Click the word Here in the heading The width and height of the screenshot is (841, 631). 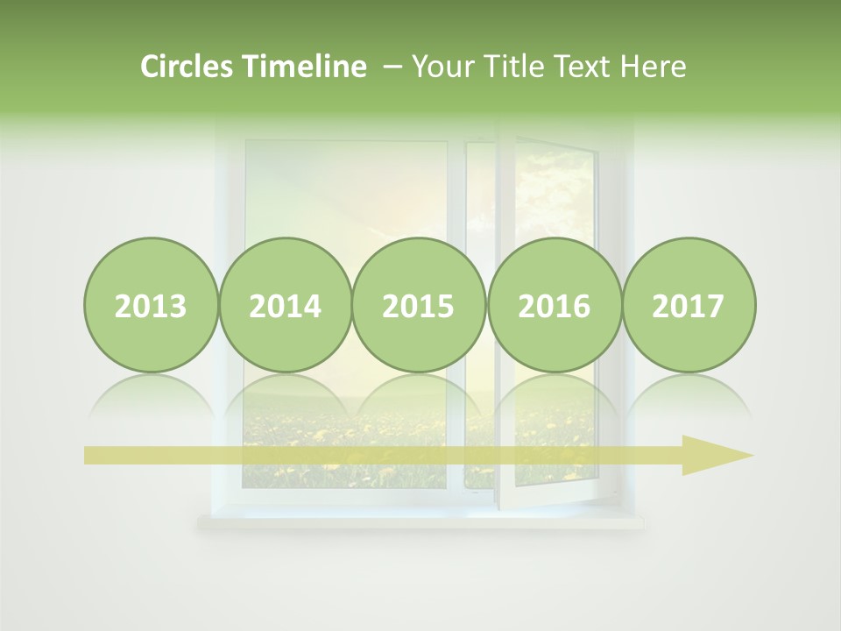coord(654,67)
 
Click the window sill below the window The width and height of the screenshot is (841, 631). coord(420,522)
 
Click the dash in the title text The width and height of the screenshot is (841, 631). coord(392,67)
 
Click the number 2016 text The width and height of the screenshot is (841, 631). coord(554,307)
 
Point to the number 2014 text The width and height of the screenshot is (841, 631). coord(286,307)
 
